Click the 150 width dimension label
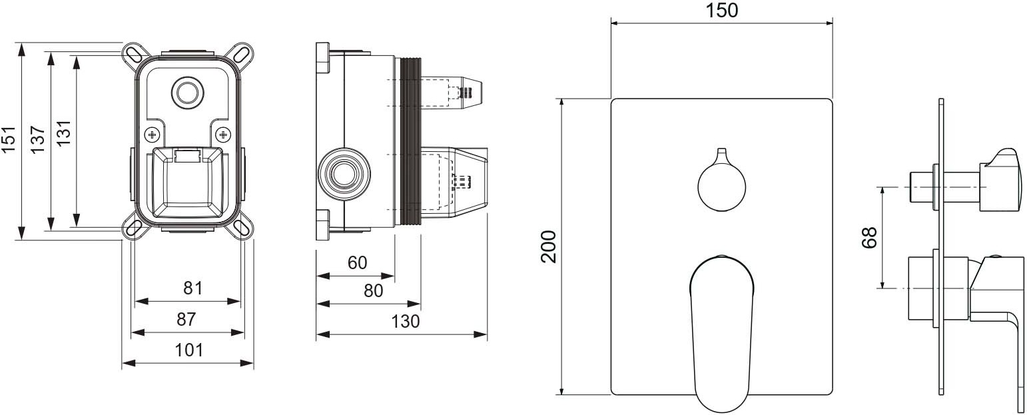pyautogui.click(x=722, y=11)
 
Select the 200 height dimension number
pyautogui.click(x=548, y=246)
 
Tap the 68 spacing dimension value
pyautogui.click(x=869, y=238)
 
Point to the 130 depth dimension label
pyautogui.click(x=406, y=322)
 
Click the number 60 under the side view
pyautogui.click(x=357, y=262)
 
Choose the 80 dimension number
pyautogui.click(x=373, y=290)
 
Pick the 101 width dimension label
pyautogui.click(x=189, y=351)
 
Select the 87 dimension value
pyautogui.click(x=186, y=320)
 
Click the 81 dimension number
pyautogui.click(x=192, y=288)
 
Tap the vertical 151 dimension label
pyautogui.click(x=9, y=139)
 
